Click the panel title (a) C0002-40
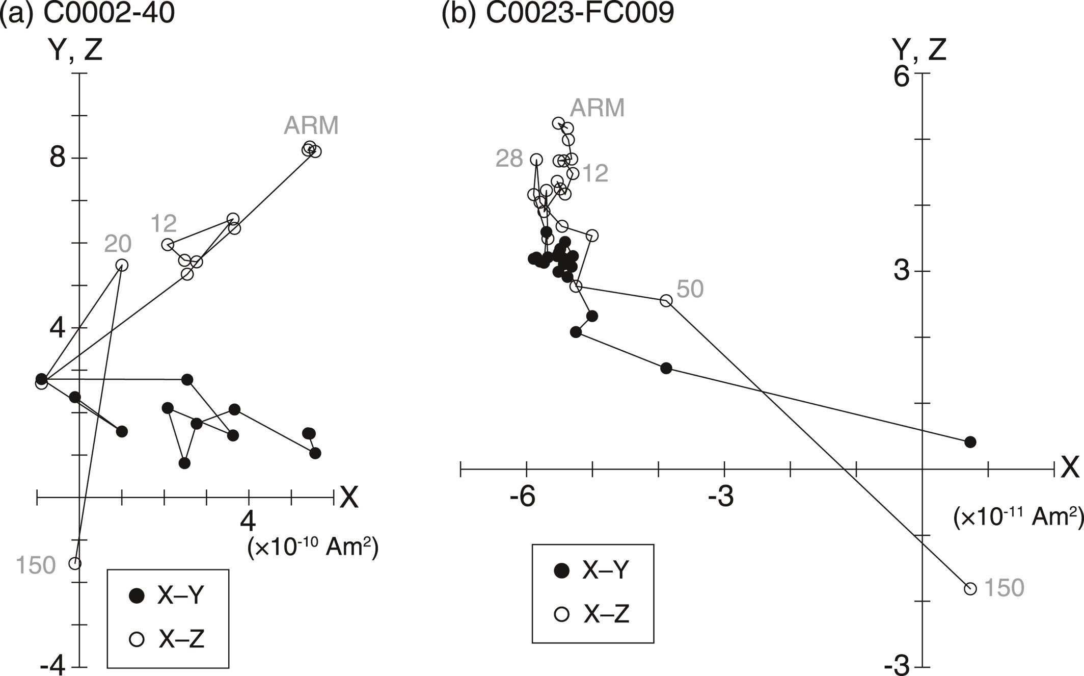pyautogui.click(x=88, y=14)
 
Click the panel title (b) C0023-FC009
pyautogui.click(x=558, y=14)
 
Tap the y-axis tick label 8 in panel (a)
pyautogui.click(x=58, y=158)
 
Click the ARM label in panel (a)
pyautogui.click(x=311, y=126)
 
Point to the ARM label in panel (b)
pyautogui.click(x=597, y=108)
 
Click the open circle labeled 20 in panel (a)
pyautogui.click(x=122, y=265)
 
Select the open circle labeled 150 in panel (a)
pyautogui.click(x=75, y=563)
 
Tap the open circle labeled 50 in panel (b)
pyautogui.click(x=666, y=301)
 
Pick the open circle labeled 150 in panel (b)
pyautogui.click(x=970, y=589)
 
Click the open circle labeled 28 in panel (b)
pyautogui.click(x=536, y=160)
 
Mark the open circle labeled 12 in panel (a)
pyautogui.click(x=167, y=245)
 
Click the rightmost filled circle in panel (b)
pyautogui.click(x=970, y=442)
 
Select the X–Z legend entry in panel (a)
pyautogui.click(x=168, y=639)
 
